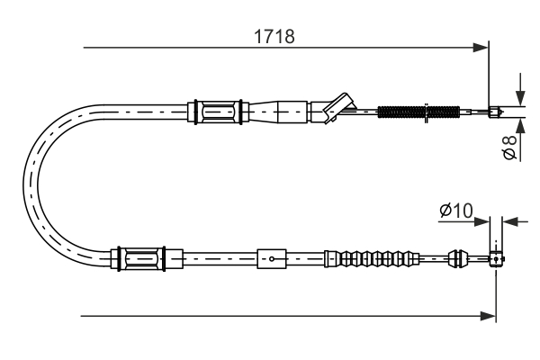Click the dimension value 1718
point(274,37)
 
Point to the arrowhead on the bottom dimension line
point(490,316)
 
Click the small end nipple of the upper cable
point(493,112)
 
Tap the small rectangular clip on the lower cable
point(271,259)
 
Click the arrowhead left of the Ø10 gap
point(483,220)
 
